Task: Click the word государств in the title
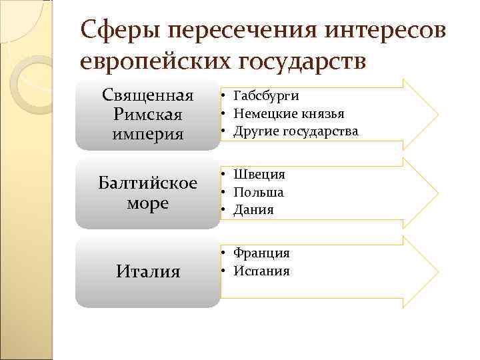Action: pyautogui.click(x=300, y=61)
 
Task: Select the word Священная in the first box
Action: pyautogui.click(x=147, y=95)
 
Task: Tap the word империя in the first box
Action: pyautogui.click(x=147, y=134)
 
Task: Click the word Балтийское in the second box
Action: pyautogui.click(x=147, y=183)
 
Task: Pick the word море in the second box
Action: pyautogui.click(x=147, y=203)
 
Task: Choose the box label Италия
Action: pyautogui.click(x=147, y=271)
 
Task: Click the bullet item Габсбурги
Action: pyautogui.click(x=266, y=97)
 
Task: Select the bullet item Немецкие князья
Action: pyautogui.click(x=289, y=114)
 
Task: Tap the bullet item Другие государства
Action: pyautogui.click(x=295, y=131)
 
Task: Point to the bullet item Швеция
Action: pyautogui.click(x=259, y=175)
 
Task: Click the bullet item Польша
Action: pyautogui.click(x=259, y=193)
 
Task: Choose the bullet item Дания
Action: pyautogui.click(x=253, y=210)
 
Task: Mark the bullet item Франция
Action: pyautogui.click(x=261, y=253)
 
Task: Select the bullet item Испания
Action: pyautogui.click(x=261, y=271)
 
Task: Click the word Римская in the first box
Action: pyautogui.click(x=147, y=115)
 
